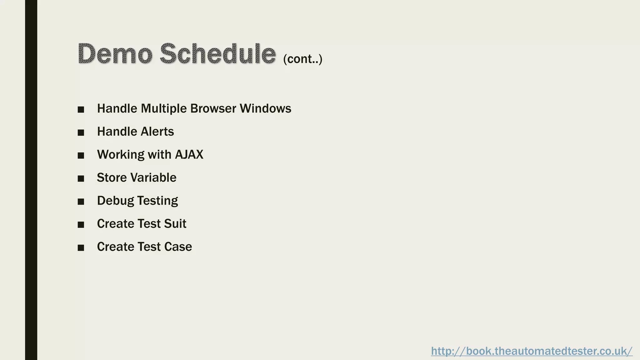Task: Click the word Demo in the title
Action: coord(115,54)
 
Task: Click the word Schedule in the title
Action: coord(218,54)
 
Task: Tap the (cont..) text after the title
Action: coord(302,59)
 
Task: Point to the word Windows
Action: coord(265,108)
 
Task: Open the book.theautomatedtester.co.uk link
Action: coord(532,351)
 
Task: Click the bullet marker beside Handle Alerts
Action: coord(81,132)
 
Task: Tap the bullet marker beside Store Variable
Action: coord(81,178)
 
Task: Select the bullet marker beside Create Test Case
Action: coord(81,248)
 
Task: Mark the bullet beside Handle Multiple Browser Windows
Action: coord(81,109)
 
